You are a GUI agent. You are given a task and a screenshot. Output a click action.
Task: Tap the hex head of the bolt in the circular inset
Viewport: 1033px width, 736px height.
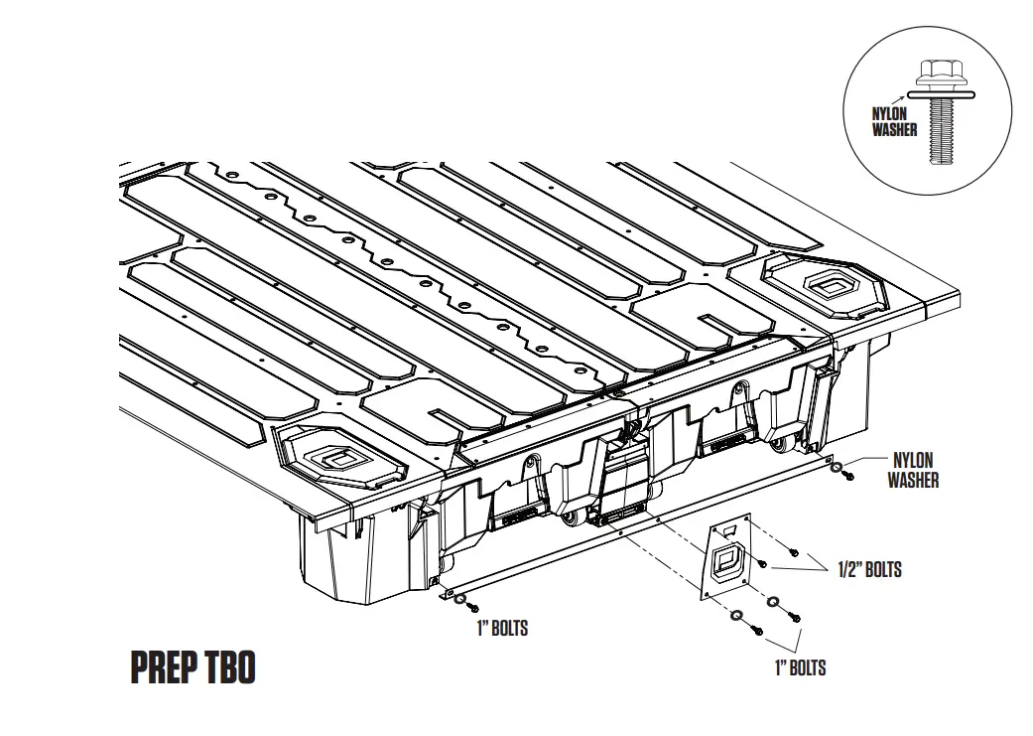[x=936, y=73]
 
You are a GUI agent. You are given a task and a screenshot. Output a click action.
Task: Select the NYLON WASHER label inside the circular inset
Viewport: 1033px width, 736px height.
[x=894, y=122]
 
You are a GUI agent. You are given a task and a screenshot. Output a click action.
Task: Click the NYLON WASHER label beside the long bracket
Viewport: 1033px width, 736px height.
[x=912, y=470]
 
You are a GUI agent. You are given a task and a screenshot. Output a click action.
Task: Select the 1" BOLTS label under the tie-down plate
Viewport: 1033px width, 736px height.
[x=800, y=667]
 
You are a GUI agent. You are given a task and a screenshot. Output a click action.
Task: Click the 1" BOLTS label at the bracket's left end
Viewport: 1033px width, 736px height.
[x=502, y=628]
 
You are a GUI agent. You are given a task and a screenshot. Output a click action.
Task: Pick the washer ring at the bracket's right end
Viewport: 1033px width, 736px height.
[x=838, y=468]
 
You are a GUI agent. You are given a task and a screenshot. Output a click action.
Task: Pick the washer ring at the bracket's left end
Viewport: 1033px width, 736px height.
[x=458, y=600]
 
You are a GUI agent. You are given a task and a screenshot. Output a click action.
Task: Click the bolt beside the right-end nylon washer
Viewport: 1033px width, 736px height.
[x=847, y=479]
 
